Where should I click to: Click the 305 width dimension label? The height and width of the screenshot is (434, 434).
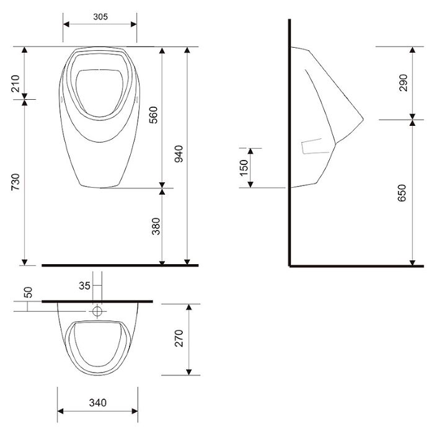point(100,17)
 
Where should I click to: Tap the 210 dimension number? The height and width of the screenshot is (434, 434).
point(15,83)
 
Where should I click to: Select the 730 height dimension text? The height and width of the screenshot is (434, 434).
point(15,182)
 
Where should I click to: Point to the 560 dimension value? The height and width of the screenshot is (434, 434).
point(153,115)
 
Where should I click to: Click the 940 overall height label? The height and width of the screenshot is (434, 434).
point(179,154)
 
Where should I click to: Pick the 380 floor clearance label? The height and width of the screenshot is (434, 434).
point(156,226)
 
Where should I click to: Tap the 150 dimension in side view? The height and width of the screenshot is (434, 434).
point(244,167)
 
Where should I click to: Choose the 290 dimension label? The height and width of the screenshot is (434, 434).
point(403,82)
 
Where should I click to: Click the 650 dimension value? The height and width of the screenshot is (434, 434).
point(402,193)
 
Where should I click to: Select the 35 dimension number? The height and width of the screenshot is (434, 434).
point(84,286)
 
